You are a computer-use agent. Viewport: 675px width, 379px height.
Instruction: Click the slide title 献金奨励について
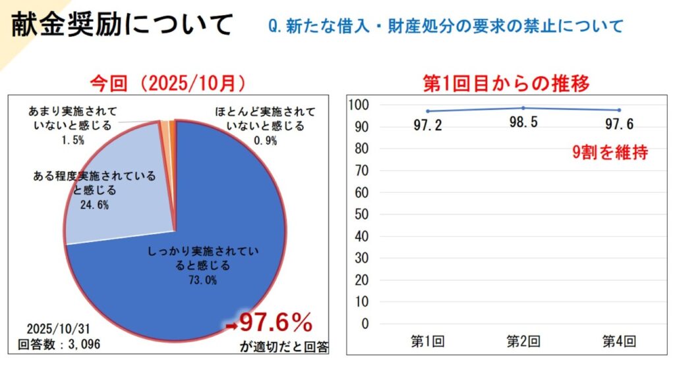(x=122, y=25)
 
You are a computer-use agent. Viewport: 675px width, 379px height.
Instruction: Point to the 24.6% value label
(x=94, y=205)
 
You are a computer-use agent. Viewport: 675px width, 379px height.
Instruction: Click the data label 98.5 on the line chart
(x=523, y=123)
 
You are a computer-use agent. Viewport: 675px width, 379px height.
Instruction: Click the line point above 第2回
(x=523, y=108)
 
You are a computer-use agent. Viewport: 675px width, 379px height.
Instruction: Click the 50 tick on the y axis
(x=360, y=215)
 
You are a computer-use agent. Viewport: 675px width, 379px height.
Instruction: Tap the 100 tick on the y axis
(x=357, y=105)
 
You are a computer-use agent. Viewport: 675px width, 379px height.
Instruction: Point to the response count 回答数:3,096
(x=58, y=343)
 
